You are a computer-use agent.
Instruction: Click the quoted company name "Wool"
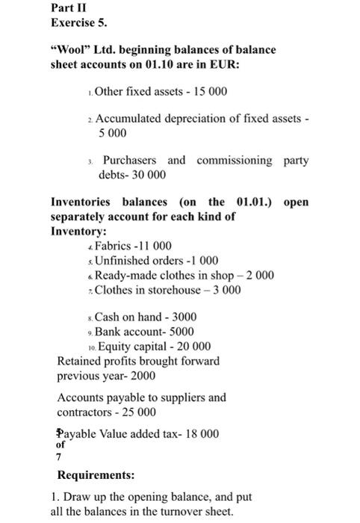(71, 50)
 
